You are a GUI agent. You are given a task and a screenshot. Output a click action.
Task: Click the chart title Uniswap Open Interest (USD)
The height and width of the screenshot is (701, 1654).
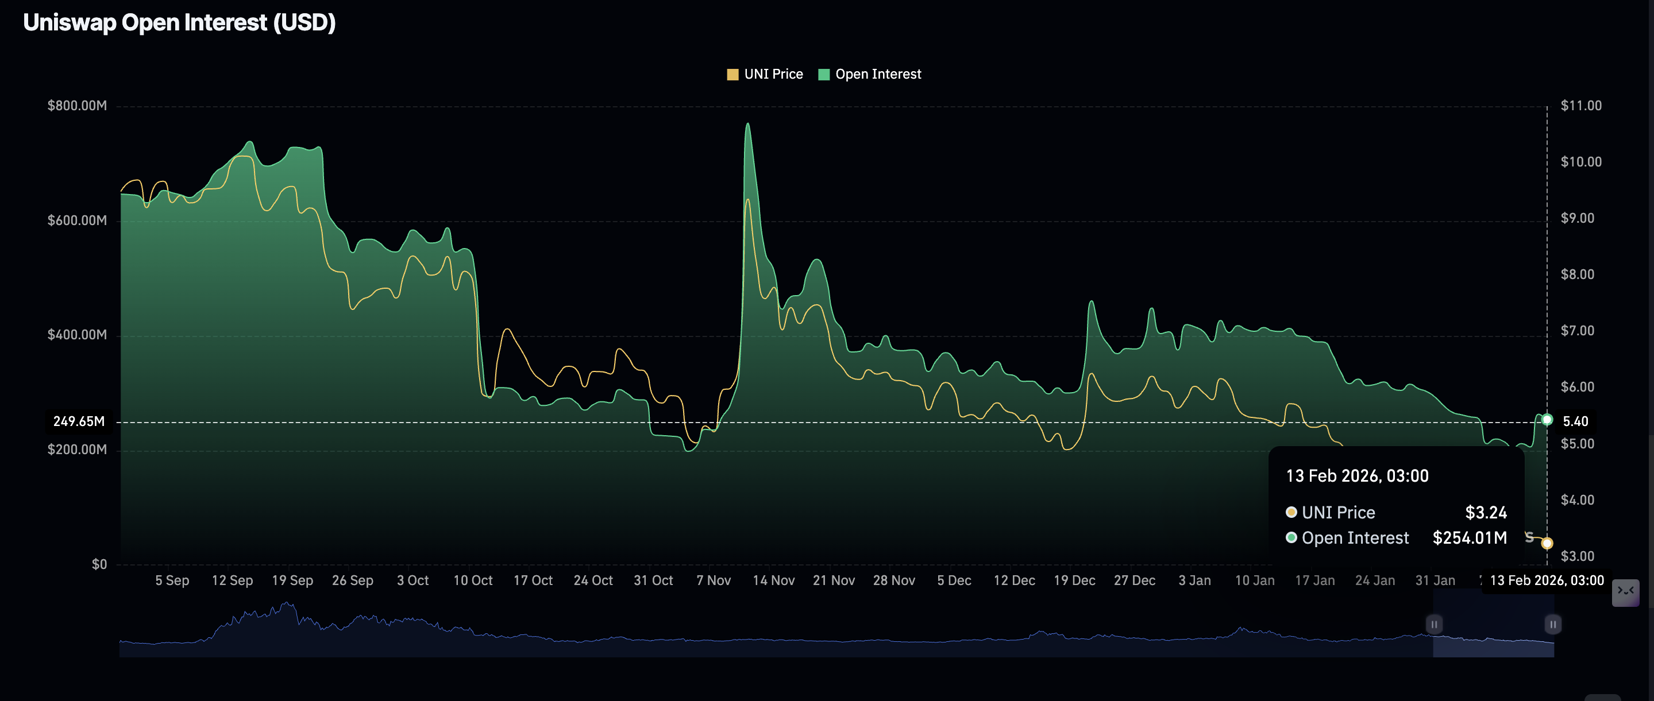click(179, 22)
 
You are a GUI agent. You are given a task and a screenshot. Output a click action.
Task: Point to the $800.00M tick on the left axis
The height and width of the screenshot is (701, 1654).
click(77, 105)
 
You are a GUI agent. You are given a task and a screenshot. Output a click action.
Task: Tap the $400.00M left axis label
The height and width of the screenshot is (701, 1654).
click(77, 335)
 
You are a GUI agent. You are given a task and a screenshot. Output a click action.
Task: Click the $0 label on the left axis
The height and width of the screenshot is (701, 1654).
click(99, 564)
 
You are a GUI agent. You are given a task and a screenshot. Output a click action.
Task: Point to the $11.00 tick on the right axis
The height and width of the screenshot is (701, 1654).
click(1581, 105)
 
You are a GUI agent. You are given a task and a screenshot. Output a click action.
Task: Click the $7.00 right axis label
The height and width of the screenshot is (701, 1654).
click(1577, 331)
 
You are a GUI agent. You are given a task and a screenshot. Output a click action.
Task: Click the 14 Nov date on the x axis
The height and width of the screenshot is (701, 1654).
click(773, 580)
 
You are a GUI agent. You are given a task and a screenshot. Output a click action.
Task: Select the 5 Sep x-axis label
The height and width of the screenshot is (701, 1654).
click(172, 580)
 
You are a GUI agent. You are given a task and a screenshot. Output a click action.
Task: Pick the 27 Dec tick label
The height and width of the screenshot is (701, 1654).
click(1134, 580)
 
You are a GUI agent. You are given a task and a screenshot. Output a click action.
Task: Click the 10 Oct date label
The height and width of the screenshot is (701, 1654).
click(473, 580)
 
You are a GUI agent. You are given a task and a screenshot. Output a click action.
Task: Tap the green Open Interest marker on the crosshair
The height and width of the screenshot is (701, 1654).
click(1547, 420)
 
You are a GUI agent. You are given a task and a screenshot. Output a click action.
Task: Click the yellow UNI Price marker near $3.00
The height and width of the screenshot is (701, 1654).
click(1547, 543)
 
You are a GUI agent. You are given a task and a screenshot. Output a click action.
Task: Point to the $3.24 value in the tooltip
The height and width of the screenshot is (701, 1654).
click(1485, 512)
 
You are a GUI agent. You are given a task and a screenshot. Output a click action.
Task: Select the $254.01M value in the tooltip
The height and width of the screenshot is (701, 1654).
click(1469, 538)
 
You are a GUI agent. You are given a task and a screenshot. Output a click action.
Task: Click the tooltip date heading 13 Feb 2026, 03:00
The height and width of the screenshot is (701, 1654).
click(1357, 476)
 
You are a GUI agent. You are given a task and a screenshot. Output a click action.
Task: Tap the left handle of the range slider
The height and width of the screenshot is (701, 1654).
click(1434, 624)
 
